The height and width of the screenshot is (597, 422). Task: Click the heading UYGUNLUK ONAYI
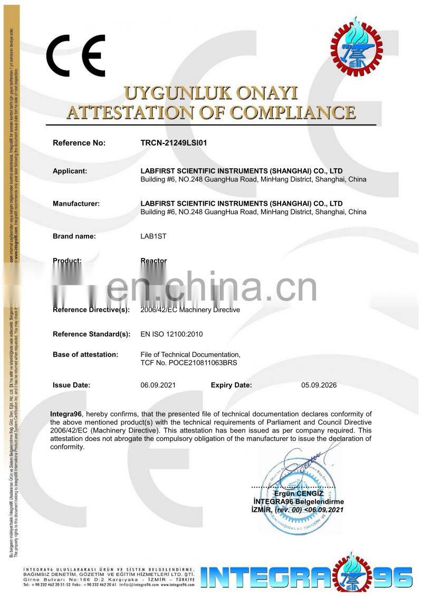210,94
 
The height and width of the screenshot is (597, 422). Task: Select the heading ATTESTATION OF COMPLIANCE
210,112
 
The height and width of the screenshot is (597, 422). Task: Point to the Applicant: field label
70,171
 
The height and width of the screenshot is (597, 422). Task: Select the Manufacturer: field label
76,203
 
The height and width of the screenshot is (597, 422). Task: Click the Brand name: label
74,236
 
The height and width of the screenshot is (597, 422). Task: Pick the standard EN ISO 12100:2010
171,334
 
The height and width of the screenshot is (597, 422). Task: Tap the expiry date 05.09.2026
319,385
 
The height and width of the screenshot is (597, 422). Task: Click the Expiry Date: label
232,385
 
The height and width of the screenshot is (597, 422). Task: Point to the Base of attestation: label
85,354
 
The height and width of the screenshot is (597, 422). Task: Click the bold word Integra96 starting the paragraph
66,413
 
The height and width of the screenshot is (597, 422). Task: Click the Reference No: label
79,143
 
